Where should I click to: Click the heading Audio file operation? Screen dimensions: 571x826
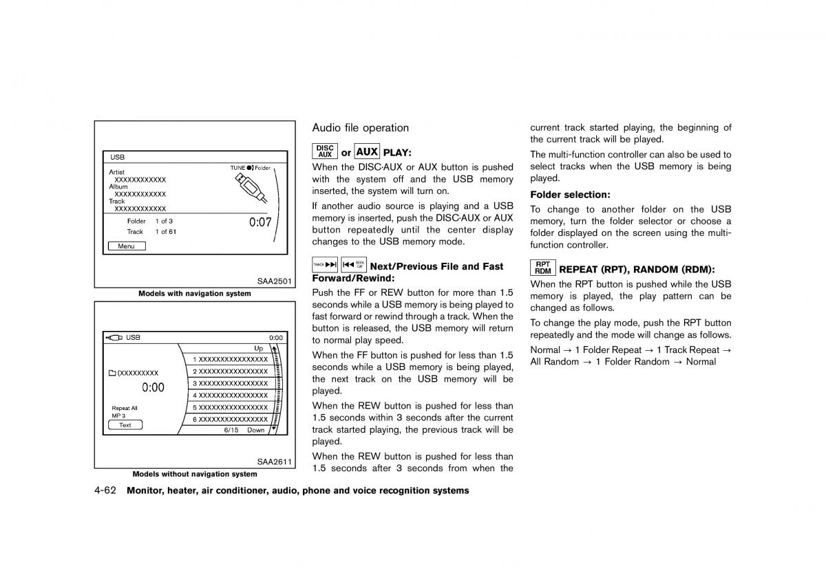coord(360,128)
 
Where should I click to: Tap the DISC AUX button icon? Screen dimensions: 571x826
coord(325,151)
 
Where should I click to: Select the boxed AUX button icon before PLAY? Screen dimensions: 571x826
coord(367,152)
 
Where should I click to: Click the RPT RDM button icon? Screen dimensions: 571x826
coord(542,268)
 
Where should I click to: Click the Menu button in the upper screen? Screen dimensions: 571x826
coord(127,246)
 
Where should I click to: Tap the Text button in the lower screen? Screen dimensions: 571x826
coord(125,425)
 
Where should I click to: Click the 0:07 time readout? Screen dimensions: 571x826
coord(260,222)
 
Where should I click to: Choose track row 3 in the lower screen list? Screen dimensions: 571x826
coord(230,383)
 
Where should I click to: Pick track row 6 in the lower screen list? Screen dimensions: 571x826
coord(230,419)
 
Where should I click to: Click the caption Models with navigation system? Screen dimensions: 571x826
coord(194,294)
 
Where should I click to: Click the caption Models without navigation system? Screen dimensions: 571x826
coord(194,474)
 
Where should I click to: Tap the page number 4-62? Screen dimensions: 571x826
coord(107,491)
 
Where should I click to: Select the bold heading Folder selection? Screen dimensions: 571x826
coord(570,195)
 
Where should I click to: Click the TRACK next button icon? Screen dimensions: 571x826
coord(325,265)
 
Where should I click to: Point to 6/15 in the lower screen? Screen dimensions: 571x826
coord(231,430)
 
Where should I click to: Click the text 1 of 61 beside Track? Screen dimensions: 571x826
coord(165,232)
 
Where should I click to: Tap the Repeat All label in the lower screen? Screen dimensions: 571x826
coord(125,408)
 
